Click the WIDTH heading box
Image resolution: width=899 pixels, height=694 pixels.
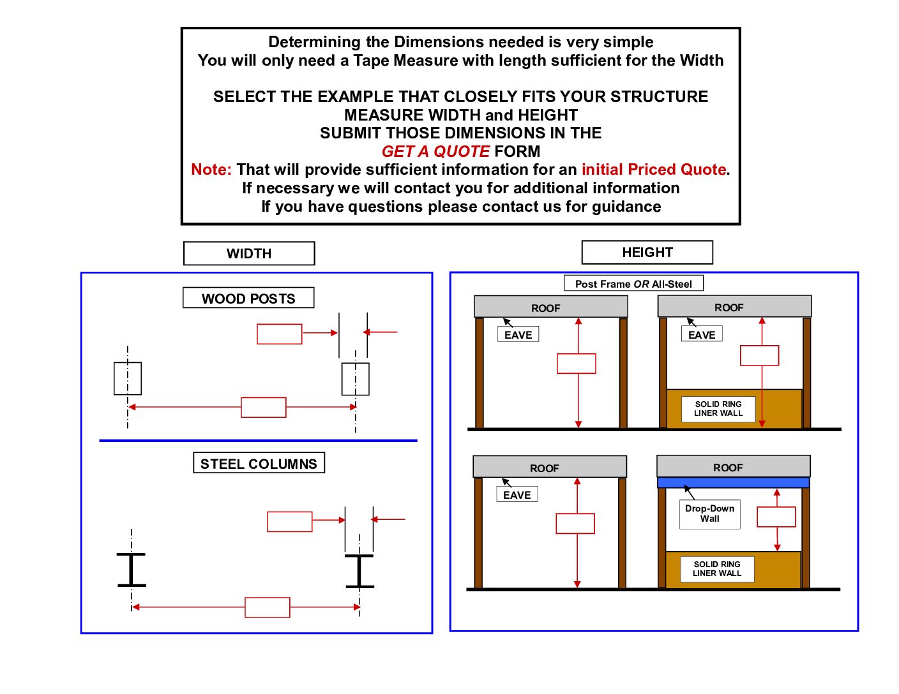pos(249,253)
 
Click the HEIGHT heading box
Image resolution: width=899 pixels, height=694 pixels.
pos(647,252)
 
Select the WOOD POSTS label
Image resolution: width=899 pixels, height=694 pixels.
pos(248,298)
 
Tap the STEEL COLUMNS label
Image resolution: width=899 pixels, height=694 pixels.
pos(259,463)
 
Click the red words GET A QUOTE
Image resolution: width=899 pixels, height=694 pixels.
pos(435,151)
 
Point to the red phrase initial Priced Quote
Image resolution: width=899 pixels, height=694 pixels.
pos(653,169)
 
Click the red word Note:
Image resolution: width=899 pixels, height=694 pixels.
pos(211,169)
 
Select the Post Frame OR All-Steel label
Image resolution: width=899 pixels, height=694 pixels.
pos(633,283)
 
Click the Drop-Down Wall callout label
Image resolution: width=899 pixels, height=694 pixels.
pos(709,513)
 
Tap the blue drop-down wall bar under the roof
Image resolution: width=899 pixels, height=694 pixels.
pos(733,483)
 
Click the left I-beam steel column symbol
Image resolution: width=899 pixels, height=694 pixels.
pos(132,570)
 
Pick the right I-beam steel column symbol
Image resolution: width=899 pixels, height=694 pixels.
pos(359,571)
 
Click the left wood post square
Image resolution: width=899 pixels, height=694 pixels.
pos(128,378)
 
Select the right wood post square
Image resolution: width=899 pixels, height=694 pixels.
pos(356,379)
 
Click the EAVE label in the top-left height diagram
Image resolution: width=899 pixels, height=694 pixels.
pos(518,334)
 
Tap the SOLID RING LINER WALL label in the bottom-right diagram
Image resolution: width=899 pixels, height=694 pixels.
pos(717,568)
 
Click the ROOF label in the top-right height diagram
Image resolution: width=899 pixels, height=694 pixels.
pos(729,307)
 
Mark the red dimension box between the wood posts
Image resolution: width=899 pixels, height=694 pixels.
pos(264,407)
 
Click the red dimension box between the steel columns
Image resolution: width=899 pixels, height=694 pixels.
pos(268,607)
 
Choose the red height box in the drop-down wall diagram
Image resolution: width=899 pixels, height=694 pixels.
pos(776,517)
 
